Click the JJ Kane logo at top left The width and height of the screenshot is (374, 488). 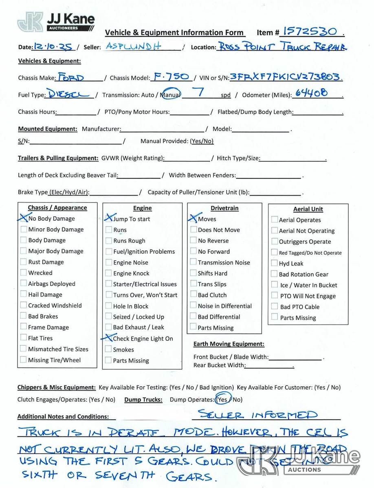tap(56, 22)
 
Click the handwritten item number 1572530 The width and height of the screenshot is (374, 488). tap(310, 31)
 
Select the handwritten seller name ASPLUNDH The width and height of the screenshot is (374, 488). tap(134, 46)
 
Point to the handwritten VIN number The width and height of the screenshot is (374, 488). tap(286, 77)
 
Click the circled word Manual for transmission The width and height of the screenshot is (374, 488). tap(171, 95)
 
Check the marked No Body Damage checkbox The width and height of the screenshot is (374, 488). tap(24, 218)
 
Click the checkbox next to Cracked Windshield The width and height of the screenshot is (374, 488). tap(24, 305)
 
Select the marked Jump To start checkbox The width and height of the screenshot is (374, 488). tap(109, 219)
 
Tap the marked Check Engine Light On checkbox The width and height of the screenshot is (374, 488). tap(109, 338)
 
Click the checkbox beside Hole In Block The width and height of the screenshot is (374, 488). tap(109, 306)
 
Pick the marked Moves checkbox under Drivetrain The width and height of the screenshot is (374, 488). tap(194, 219)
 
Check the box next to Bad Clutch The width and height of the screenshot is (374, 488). tap(194, 295)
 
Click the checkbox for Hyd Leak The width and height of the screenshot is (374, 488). tap(275, 264)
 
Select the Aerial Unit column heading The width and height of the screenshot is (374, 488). tap(308, 209)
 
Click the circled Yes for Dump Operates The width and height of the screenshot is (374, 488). tap(223, 399)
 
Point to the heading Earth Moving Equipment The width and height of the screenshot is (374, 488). tap(229, 344)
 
